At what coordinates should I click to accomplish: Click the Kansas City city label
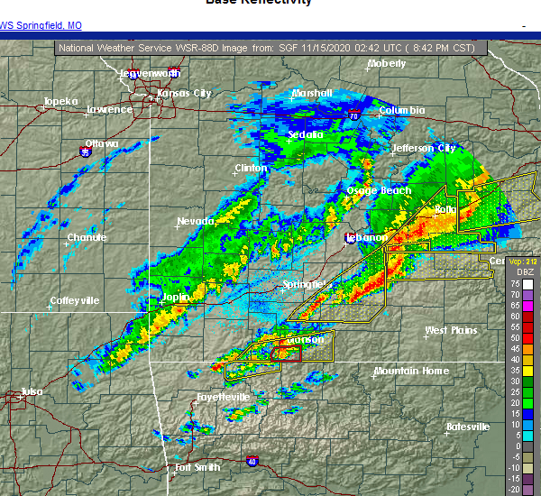pyautogui.click(x=184, y=93)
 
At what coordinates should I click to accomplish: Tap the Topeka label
pyautogui.click(x=60, y=101)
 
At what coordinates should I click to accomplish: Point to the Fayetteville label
pyautogui.click(x=223, y=397)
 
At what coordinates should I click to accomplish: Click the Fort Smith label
pyautogui.click(x=197, y=467)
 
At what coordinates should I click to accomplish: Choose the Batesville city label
pyautogui.click(x=467, y=427)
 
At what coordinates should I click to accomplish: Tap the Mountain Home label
pyautogui.click(x=410, y=371)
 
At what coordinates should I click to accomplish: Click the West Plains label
pyautogui.click(x=451, y=331)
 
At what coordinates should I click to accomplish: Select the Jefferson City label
pyautogui.click(x=423, y=148)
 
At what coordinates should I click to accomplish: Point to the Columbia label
pyautogui.click(x=401, y=110)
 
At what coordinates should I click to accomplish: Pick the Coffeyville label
pyautogui.click(x=75, y=300)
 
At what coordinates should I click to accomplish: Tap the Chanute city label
pyautogui.click(x=87, y=237)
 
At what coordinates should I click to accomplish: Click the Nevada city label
pyautogui.click(x=196, y=221)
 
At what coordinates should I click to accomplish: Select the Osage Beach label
pyautogui.click(x=379, y=190)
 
